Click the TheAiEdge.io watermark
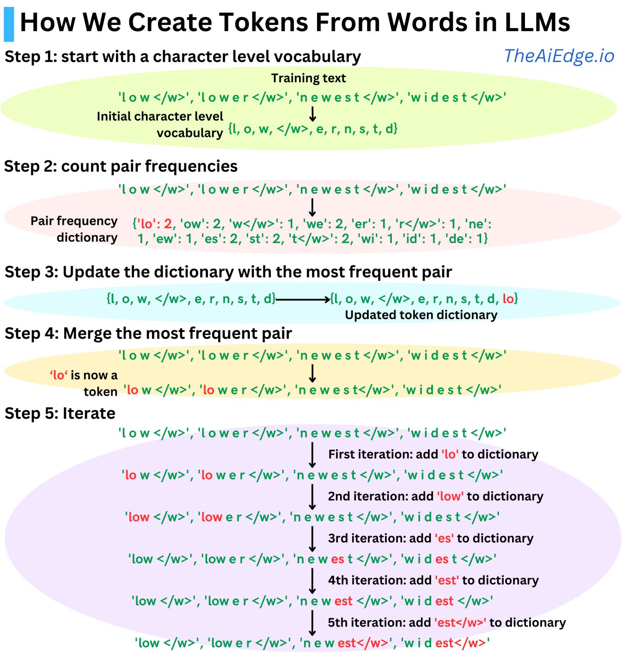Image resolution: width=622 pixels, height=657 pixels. [559, 56]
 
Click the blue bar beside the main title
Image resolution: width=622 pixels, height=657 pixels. [9, 24]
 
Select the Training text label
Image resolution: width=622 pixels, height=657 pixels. [308, 78]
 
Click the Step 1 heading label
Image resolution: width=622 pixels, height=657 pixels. [183, 56]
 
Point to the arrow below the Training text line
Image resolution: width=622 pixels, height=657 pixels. [313, 114]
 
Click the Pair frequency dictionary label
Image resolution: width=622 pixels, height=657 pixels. [74, 229]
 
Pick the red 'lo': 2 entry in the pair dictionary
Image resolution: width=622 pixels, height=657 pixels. [155, 224]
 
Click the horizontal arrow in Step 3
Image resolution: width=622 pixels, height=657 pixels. [303, 299]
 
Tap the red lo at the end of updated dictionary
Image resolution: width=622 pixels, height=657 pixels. [508, 299]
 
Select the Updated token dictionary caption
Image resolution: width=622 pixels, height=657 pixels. [421, 315]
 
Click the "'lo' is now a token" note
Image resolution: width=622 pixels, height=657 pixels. [83, 383]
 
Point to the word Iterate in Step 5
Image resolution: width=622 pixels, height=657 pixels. [89, 413]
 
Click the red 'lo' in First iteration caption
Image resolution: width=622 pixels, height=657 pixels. [450, 454]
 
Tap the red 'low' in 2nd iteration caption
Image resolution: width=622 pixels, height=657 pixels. [450, 496]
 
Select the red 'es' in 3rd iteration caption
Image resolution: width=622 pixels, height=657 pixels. [444, 538]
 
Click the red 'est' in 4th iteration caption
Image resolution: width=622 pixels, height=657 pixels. [447, 580]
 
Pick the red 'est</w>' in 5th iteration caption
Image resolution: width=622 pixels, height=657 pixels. [460, 622]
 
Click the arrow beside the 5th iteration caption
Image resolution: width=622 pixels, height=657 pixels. [312, 623]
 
